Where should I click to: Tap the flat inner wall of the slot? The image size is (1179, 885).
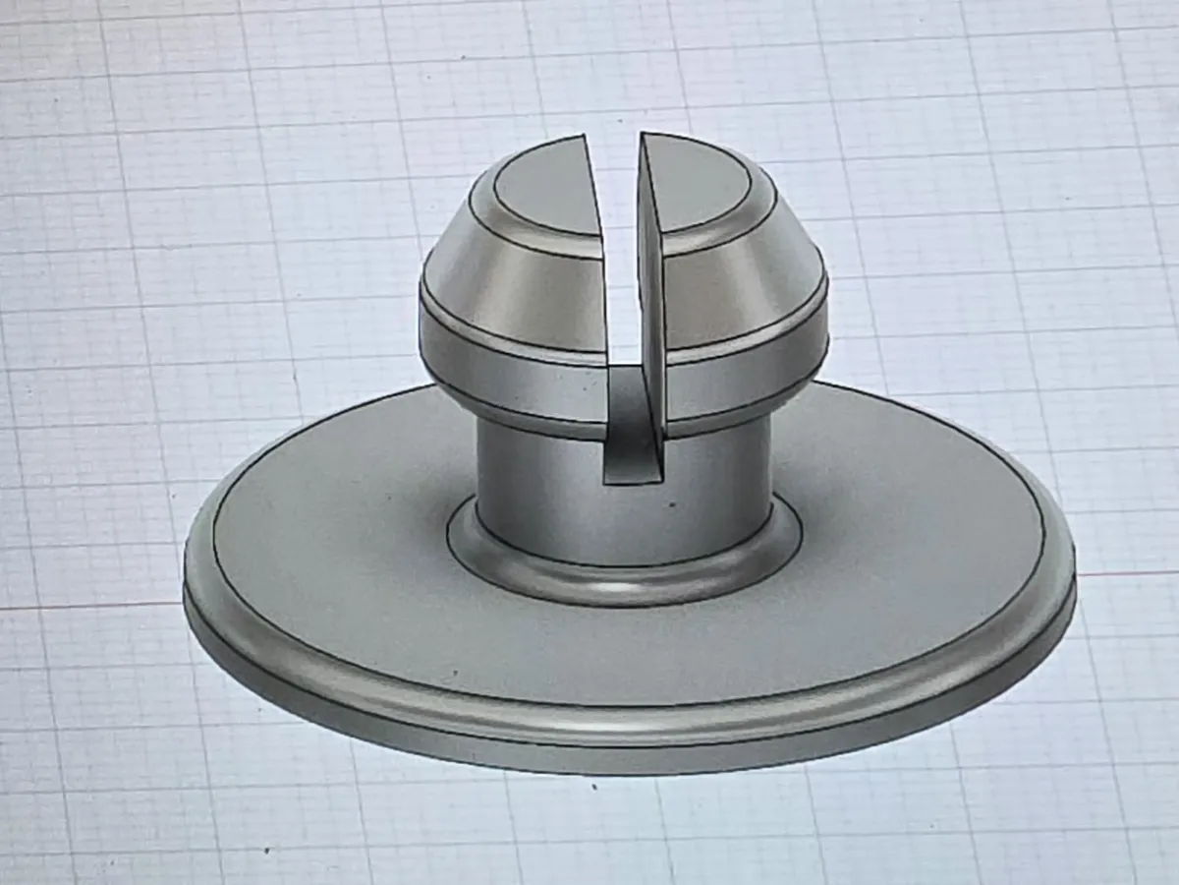pyautogui.click(x=651, y=295)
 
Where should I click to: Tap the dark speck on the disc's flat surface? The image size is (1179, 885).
pyautogui.click(x=455, y=675)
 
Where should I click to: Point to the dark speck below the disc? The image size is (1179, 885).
pyautogui.click(x=593, y=787)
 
